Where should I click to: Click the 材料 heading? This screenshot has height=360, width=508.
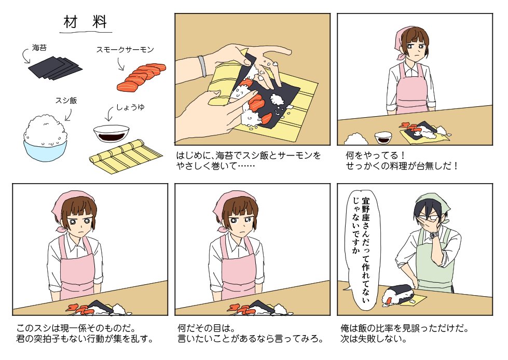click(x=85, y=22)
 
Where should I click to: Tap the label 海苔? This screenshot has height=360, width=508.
click(x=39, y=48)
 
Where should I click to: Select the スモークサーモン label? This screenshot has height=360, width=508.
click(x=125, y=49)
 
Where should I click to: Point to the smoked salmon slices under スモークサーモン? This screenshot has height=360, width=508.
click(x=141, y=77)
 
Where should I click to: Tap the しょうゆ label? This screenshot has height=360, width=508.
click(x=130, y=107)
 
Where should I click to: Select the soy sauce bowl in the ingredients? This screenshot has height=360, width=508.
click(x=111, y=134)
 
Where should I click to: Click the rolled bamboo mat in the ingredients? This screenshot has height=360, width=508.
click(x=126, y=157)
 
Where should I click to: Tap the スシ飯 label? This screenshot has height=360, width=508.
click(x=66, y=101)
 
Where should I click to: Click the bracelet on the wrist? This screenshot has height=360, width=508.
click(x=202, y=66)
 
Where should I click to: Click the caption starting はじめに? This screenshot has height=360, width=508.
click(x=249, y=161)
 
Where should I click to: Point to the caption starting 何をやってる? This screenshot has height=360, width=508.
click(x=402, y=161)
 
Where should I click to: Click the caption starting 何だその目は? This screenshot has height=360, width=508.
click(x=251, y=334)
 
